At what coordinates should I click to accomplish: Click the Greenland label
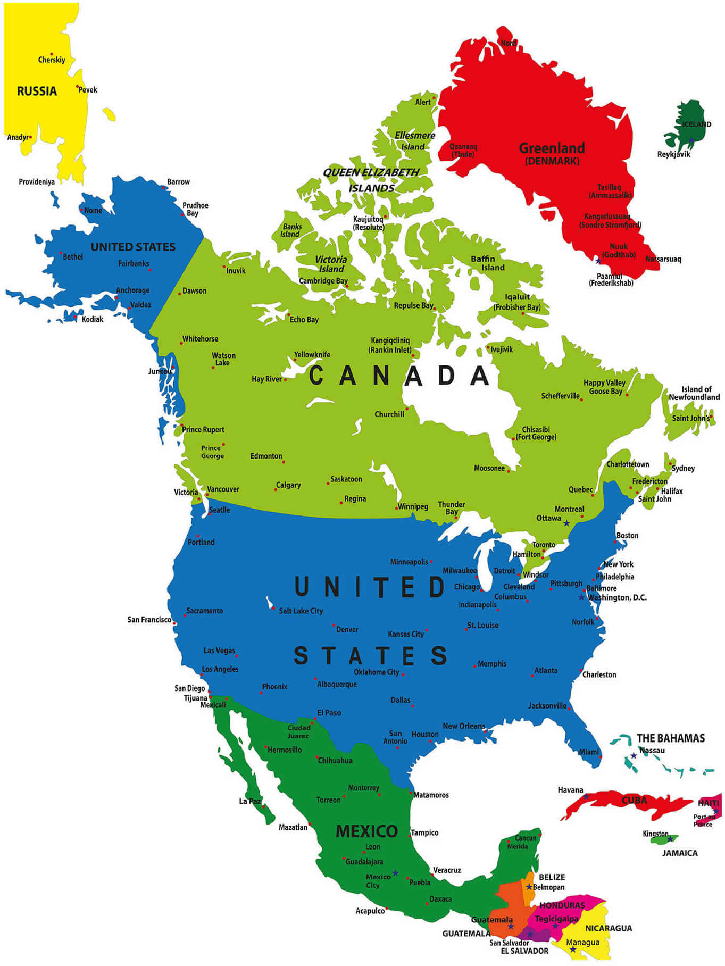pos(552,148)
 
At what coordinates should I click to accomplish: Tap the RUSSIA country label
pos(37,91)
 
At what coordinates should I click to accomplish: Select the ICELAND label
pos(696,124)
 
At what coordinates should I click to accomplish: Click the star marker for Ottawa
pos(566,523)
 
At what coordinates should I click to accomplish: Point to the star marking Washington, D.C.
pos(581,597)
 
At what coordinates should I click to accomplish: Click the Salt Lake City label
pos(301,611)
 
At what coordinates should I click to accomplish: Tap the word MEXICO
pos(366,831)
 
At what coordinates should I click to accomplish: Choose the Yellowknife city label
pos(312,355)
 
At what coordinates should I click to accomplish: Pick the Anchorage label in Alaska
pos(132,290)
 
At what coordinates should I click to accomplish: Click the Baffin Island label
pos(487,263)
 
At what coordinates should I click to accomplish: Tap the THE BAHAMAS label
pos(670,738)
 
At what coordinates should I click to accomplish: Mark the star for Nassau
pos(634,755)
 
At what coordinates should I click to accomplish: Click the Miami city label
pos(588,752)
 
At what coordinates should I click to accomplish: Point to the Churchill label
pos(389,414)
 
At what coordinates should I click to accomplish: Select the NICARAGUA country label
pos(608,928)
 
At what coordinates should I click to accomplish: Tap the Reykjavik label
pos(673,154)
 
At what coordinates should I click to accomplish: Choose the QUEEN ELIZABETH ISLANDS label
pos(371,180)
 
